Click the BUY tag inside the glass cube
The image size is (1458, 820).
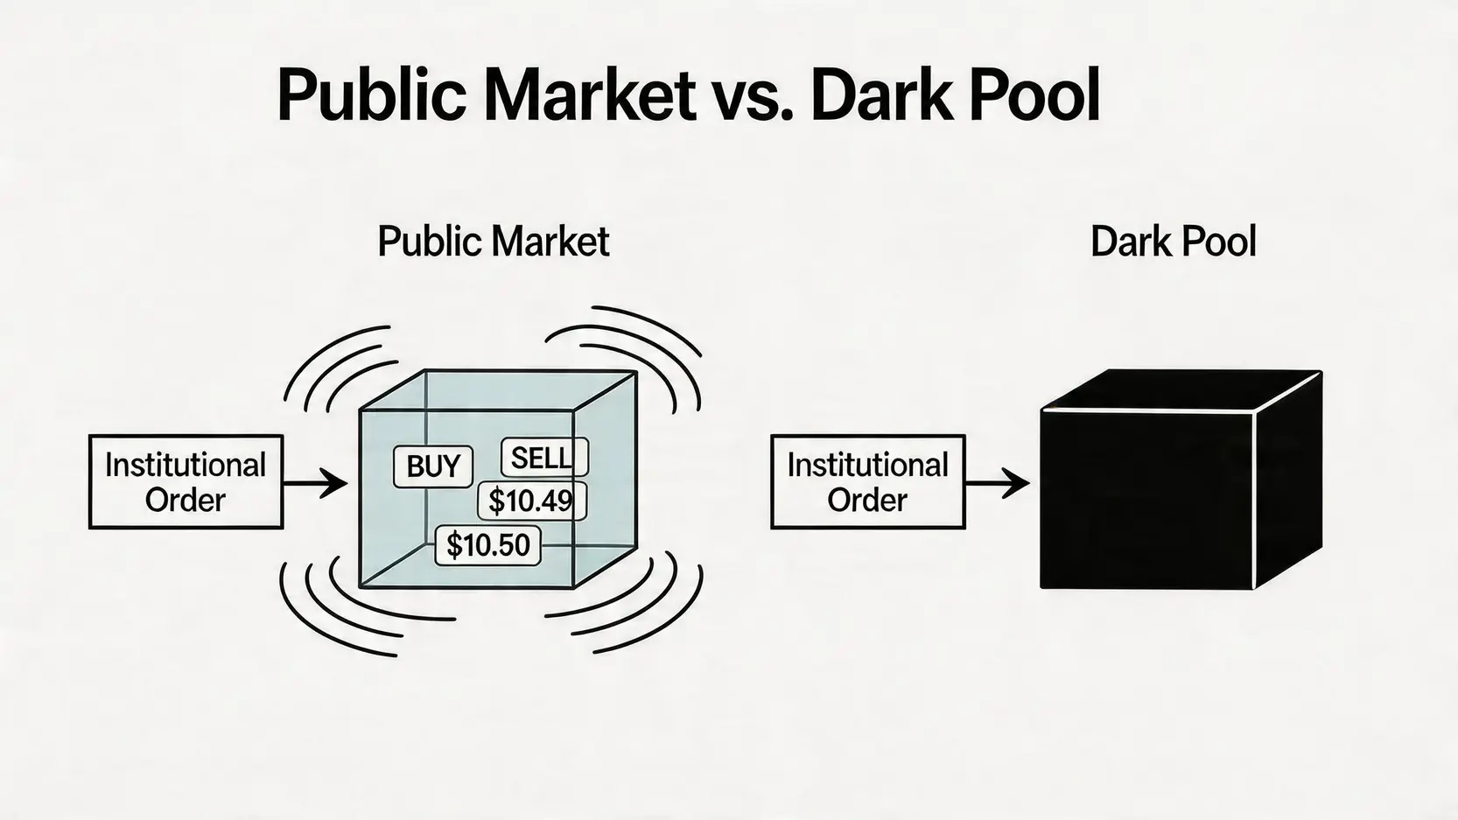433,466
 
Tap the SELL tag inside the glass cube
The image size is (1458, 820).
544,458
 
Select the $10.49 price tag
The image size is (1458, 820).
532,501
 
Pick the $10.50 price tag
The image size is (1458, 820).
487,544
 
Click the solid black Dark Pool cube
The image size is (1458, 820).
1181,480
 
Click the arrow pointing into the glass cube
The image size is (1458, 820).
315,484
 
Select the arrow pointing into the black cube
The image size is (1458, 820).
997,484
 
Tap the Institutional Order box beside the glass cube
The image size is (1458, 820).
186,481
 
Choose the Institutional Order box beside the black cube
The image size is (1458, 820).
868,481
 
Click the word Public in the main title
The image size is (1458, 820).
372,95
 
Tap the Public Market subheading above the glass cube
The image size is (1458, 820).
494,242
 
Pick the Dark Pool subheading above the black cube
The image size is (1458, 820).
1173,242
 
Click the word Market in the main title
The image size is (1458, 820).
590,95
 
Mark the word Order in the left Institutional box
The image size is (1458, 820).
185,500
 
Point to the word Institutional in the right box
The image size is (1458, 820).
867,466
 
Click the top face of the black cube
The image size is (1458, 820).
1181,390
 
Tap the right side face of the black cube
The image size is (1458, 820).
1288,481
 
